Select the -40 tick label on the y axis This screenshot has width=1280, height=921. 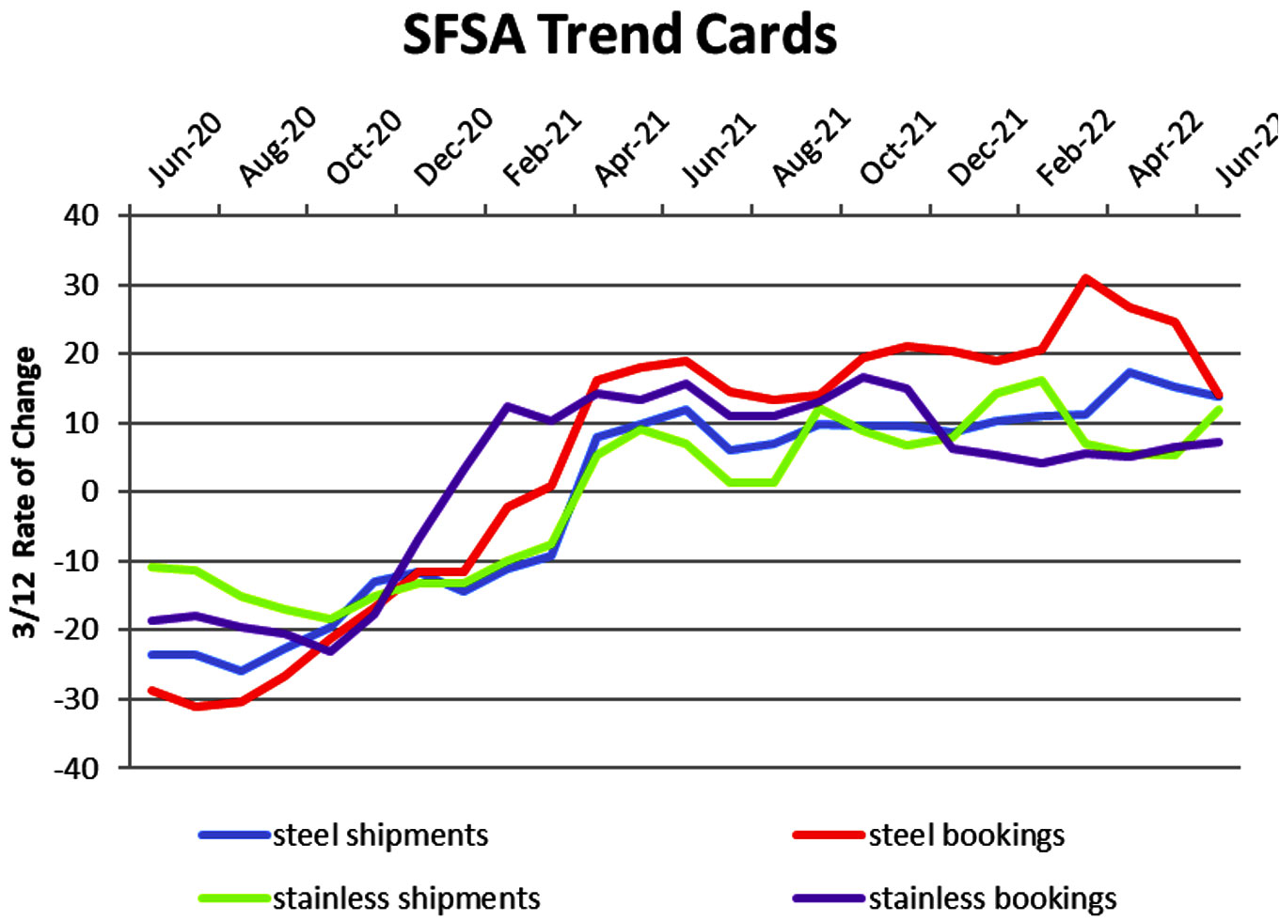[x=76, y=769]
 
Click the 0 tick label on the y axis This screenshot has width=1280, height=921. [x=89, y=492]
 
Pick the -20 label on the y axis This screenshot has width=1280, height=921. [x=76, y=630]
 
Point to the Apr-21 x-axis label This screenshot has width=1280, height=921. [x=631, y=148]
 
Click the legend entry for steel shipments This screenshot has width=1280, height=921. [x=343, y=835]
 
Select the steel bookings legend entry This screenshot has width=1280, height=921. [x=929, y=836]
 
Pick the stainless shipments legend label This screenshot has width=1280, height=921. [x=370, y=898]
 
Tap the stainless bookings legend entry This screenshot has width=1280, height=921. [x=955, y=899]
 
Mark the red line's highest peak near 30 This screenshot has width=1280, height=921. [x=1085, y=278]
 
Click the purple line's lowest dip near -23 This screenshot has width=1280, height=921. [x=330, y=651]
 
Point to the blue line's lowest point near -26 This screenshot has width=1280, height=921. [x=241, y=671]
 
